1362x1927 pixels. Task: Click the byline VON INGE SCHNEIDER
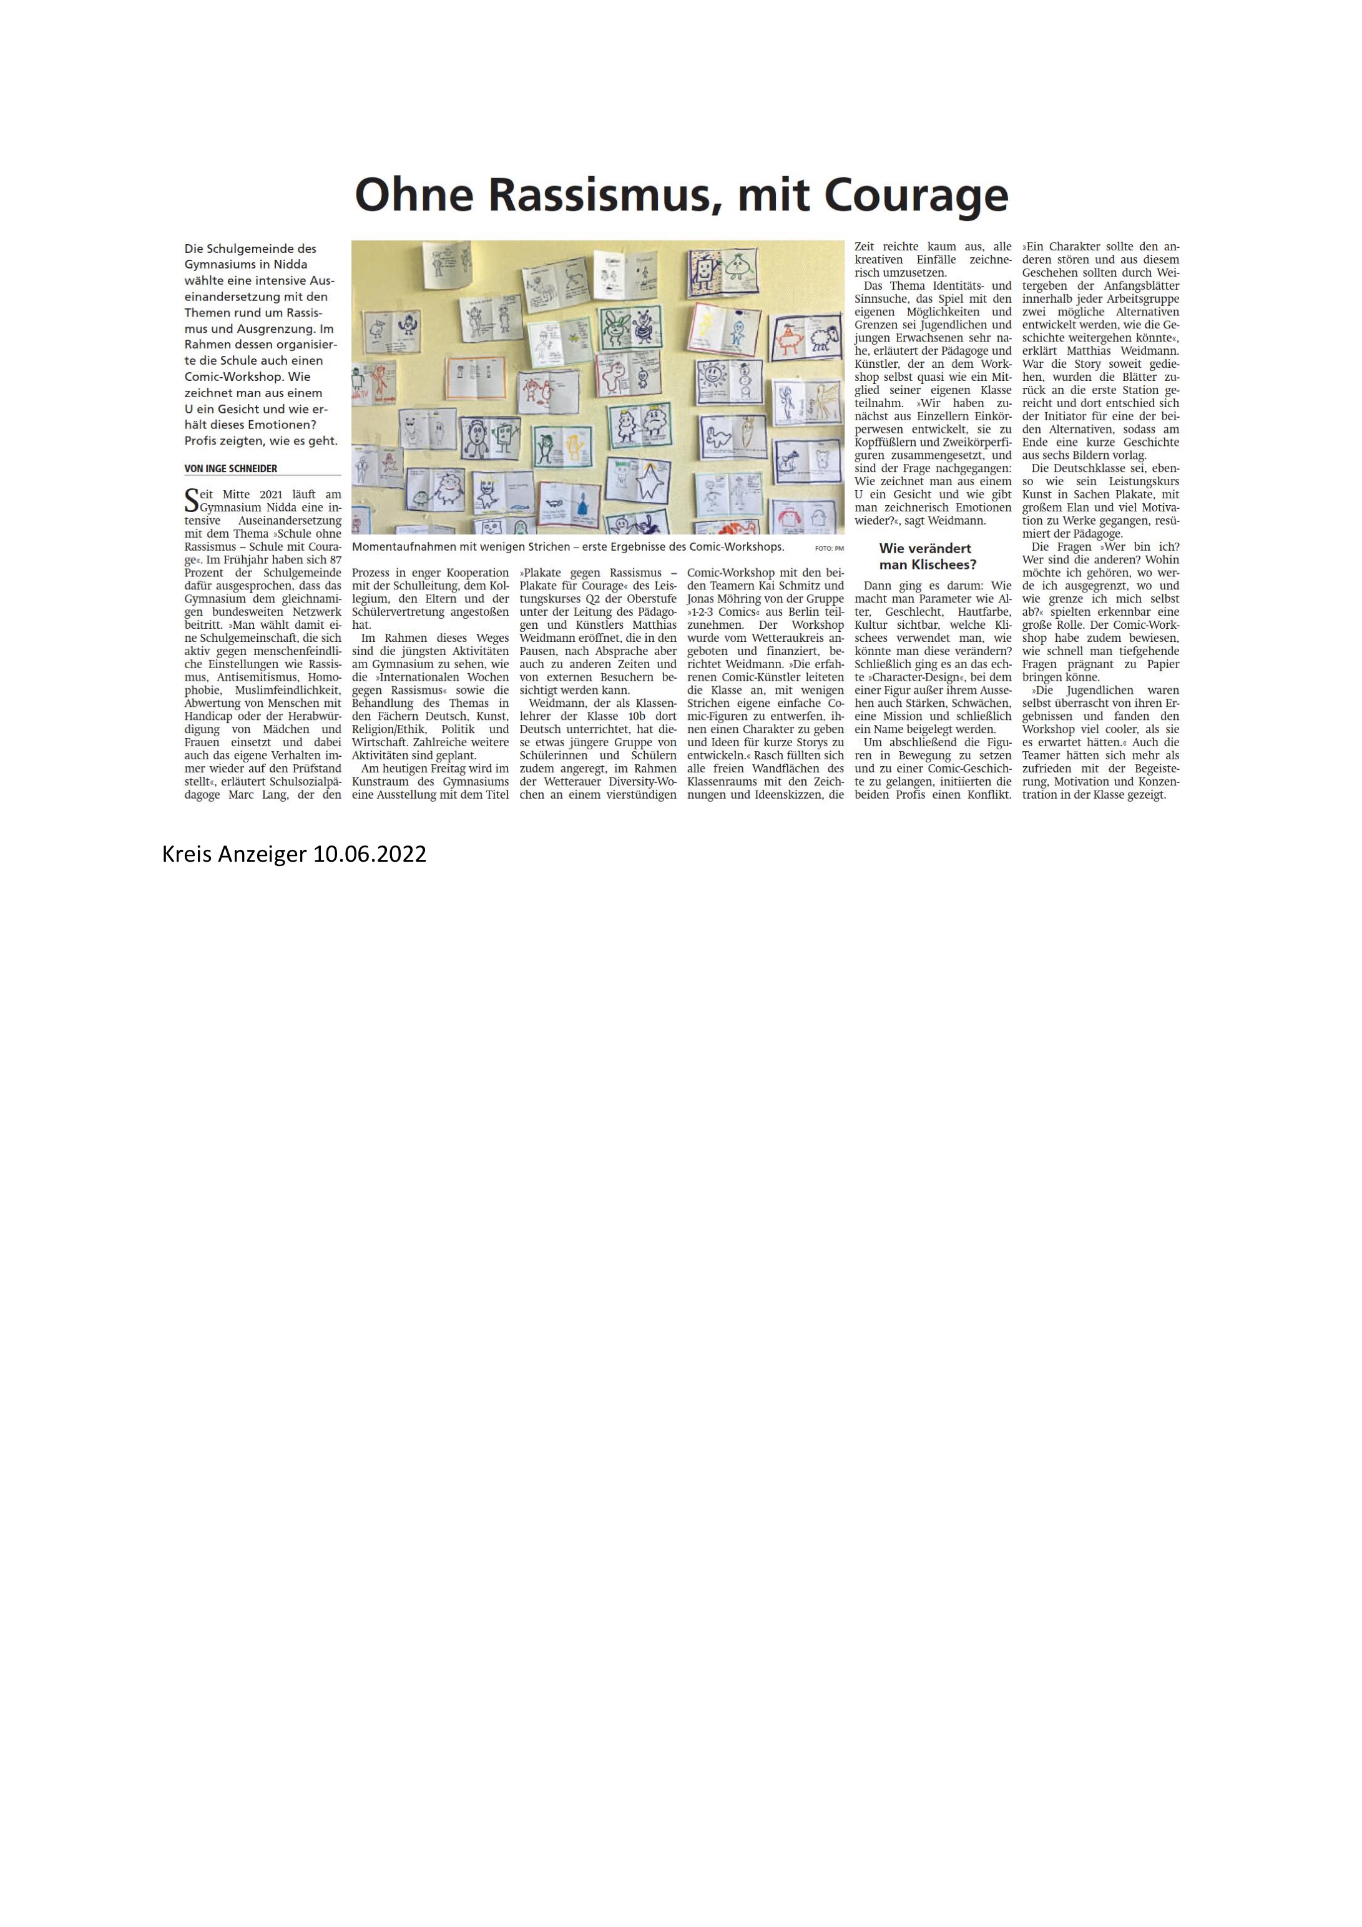tap(231, 468)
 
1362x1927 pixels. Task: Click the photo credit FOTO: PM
tap(828, 548)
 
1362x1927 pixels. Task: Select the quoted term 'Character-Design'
tap(909, 676)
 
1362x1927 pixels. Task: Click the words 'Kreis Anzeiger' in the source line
tap(234, 854)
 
